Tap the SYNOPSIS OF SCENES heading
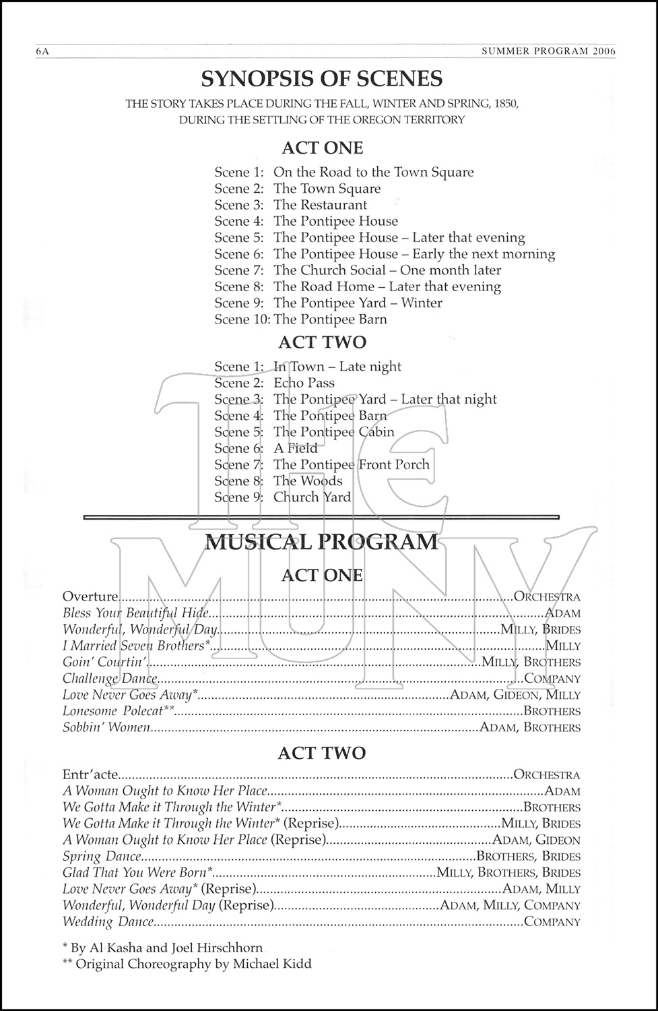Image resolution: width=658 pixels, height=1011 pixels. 322,79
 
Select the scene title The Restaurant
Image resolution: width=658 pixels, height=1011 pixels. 320,205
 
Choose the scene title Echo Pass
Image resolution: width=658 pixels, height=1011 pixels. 304,383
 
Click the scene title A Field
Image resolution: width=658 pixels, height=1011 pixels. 295,448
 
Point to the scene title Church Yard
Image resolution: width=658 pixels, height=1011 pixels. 312,497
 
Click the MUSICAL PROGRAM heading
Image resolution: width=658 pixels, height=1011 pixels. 321,542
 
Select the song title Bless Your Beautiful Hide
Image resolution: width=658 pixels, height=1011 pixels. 135,613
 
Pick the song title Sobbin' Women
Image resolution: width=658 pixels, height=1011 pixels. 106,727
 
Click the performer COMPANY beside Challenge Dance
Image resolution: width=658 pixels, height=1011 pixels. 552,679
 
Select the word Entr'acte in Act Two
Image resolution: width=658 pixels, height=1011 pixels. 90,775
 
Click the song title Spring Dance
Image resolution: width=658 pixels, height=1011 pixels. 102,857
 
